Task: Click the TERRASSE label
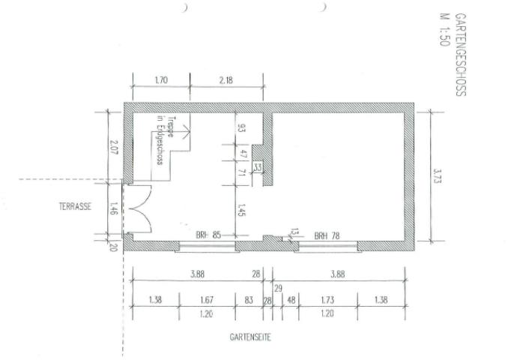(x=75, y=206)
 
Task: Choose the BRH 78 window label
(x=327, y=235)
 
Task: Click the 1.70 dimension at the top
(x=160, y=79)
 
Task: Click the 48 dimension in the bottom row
(x=291, y=300)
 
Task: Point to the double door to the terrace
(x=138, y=208)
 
